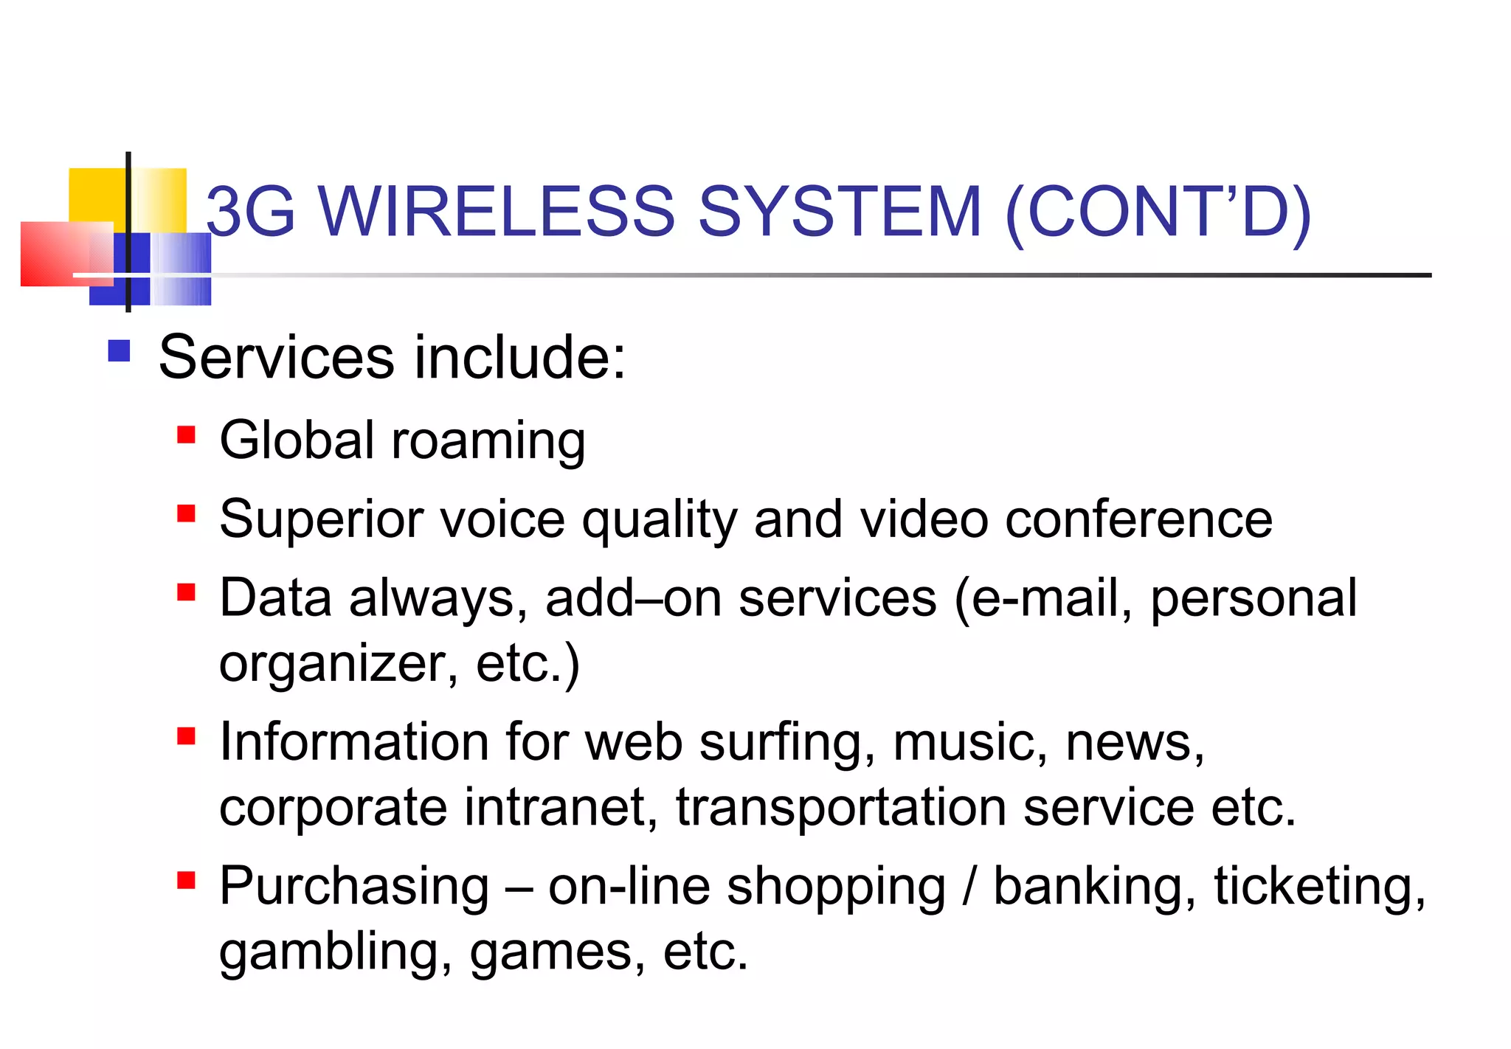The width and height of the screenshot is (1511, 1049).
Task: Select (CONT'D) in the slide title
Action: pyautogui.click(x=1158, y=213)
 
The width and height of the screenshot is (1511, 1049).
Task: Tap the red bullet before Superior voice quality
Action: pyautogui.click(x=186, y=513)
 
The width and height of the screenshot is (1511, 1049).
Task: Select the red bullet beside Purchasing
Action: pyautogui.click(x=186, y=879)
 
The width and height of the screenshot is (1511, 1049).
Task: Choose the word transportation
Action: pyautogui.click(x=841, y=807)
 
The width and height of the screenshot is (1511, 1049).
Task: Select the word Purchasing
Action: pyautogui.click(x=354, y=887)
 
